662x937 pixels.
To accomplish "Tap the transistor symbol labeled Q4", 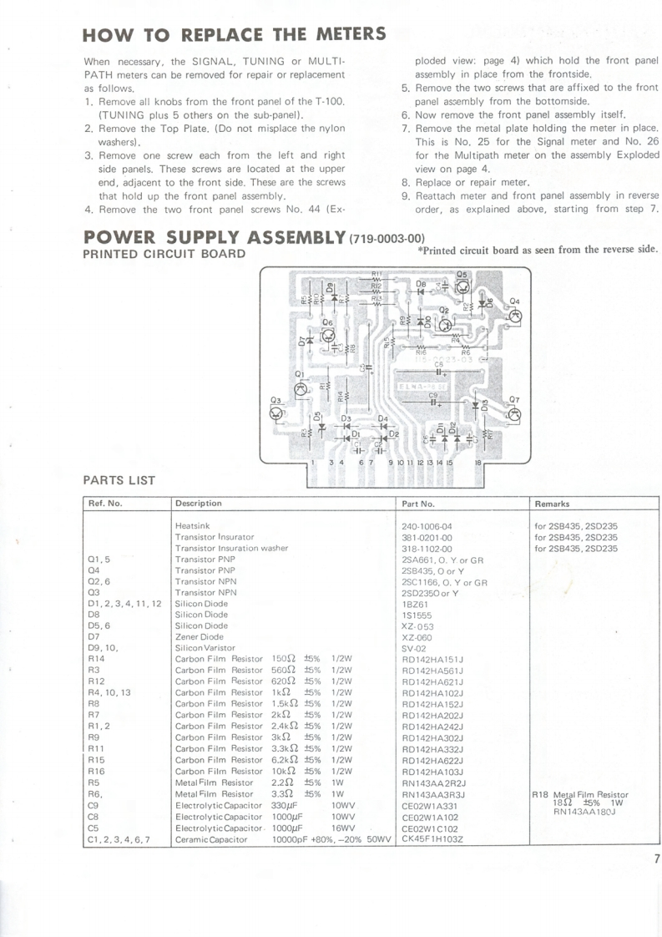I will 515,315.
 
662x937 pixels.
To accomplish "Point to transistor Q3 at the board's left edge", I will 277,413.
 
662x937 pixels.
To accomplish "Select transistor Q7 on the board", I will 514,413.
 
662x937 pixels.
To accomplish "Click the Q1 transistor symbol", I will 301,389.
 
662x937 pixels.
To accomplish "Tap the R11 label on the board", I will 376,274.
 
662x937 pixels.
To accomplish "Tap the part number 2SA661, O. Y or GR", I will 443,560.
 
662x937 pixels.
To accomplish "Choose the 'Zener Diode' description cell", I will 200,636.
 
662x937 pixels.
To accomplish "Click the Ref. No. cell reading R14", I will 97,659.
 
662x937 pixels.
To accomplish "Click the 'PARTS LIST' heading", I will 119,479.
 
